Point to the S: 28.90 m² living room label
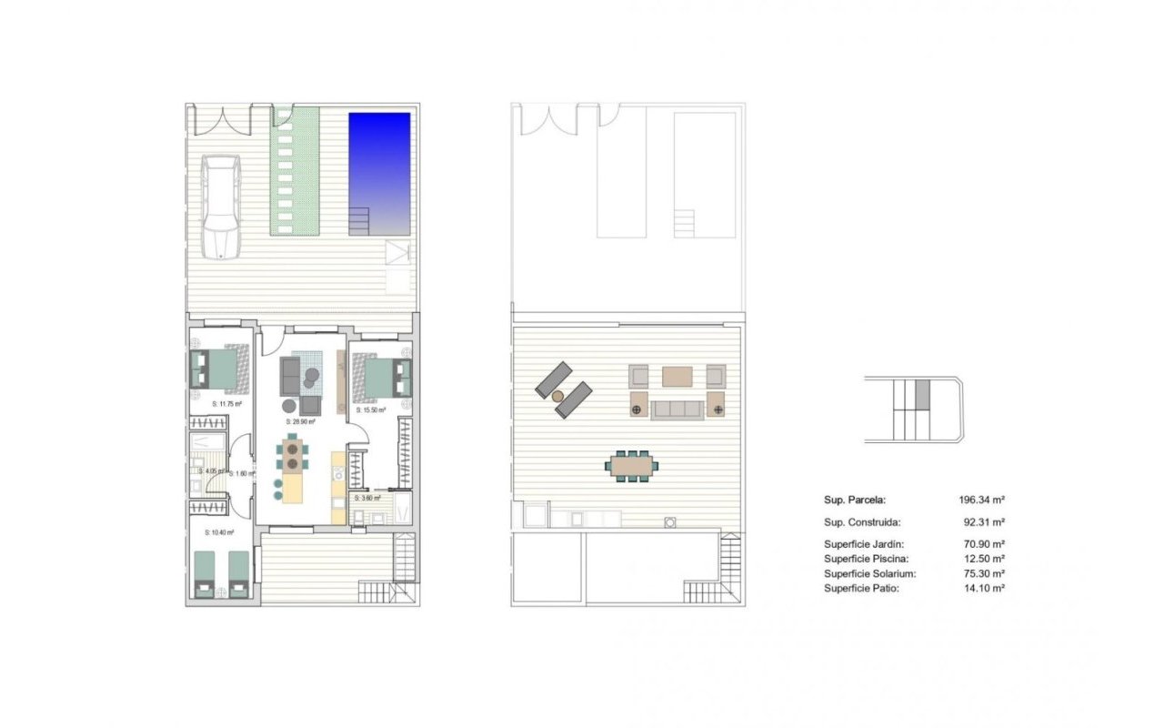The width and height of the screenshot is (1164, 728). (300, 421)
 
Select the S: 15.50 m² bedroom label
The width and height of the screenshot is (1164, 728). (371, 410)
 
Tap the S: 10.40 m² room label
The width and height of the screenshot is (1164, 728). (219, 532)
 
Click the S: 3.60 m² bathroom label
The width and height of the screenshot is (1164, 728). (369, 498)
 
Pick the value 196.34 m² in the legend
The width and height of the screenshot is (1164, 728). (981, 500)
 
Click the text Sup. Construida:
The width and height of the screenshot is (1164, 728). (862, 522)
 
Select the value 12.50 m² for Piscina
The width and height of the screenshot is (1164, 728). (985, 559)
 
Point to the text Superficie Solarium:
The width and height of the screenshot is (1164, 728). (869, 573)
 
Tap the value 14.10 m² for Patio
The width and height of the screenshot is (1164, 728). (985, 588)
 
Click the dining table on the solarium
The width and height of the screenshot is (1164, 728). (633, 466)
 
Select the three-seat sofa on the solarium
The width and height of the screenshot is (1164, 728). (677, 409)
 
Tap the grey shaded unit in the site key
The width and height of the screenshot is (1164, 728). (923, 394)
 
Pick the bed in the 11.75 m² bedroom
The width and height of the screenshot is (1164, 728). (221, 369)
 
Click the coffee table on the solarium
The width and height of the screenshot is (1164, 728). (677, 376)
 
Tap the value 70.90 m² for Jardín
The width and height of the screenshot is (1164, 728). (985, 544)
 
